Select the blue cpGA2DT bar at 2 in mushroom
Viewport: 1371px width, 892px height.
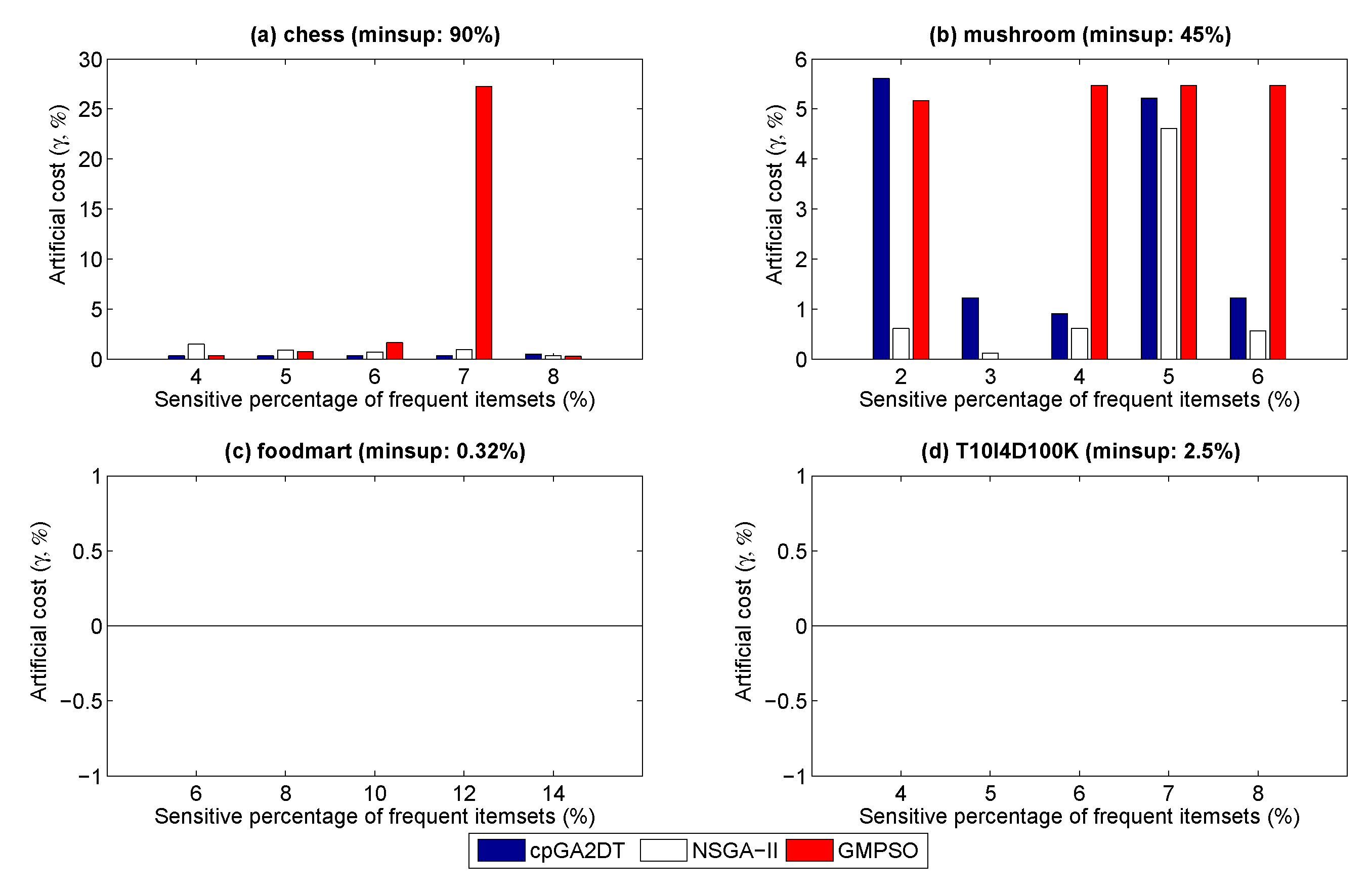(x=881, y=219)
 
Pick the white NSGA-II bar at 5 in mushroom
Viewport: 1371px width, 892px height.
(x=1168, y=244)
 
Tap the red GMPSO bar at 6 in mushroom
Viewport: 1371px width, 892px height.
(x=1277, y=223)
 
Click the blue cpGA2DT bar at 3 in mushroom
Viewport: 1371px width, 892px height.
(x=970, y=328)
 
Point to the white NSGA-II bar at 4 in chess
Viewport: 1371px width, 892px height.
(x=196, y=352)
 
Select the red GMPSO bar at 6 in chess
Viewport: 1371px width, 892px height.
(x=394, y=351)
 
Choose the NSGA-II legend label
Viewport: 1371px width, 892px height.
(x=735, y=851)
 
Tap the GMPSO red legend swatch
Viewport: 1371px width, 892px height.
(x=809, y=850)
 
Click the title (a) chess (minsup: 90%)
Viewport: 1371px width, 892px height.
(x=374, y=34)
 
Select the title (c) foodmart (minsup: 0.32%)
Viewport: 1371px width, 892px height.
(x=374, y=451)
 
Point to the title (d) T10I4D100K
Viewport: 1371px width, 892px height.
(x=1080, y=451)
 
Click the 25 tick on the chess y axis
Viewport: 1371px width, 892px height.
(x=91, y=109)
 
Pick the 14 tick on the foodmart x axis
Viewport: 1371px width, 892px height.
(x=553, y=794)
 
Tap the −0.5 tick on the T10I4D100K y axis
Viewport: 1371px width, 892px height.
(x=786, y=701)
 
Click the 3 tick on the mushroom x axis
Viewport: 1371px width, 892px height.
(x=990, y=377)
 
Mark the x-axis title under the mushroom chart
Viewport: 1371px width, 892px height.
(x=1079, y=399)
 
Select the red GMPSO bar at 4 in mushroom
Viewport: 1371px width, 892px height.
(x=1098, y=223)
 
